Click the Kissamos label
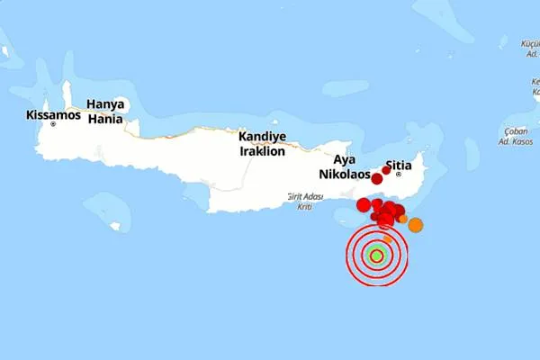[53, 115]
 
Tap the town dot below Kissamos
[53, 124]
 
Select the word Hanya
[105, 104]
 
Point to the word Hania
[105, 118]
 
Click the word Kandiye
[262, 137]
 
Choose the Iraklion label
[262, 151]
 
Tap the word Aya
[345, 159]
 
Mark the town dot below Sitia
[398, 174]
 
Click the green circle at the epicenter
[376, 256]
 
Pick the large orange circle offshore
[415, 225]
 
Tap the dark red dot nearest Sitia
[386, 170]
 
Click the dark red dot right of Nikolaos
[376, 178]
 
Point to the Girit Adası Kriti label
[304, 201]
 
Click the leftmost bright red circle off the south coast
[364, 205]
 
